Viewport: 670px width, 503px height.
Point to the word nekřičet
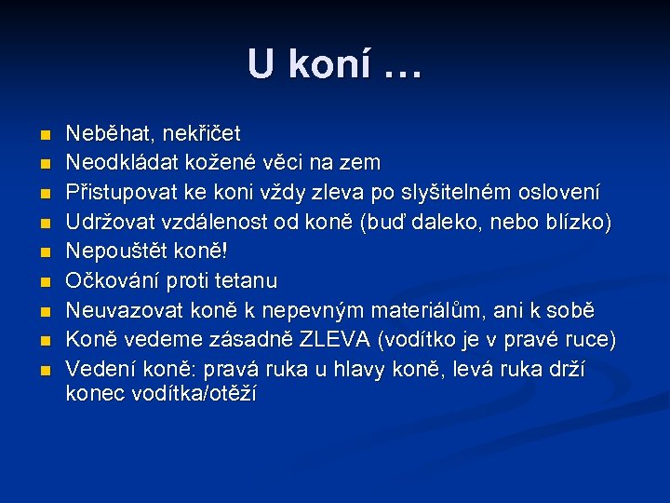pos(196,133)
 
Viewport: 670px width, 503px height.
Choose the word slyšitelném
pos(447,193)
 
